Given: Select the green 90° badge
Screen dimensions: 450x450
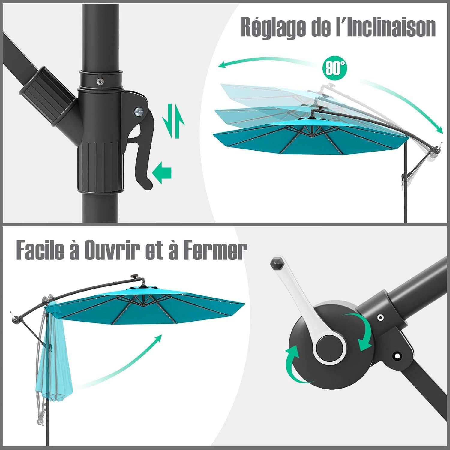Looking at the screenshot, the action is [334, 68].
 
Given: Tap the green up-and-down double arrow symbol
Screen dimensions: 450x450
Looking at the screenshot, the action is [173, 121].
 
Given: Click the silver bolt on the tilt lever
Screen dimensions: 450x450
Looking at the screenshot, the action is [139, 112].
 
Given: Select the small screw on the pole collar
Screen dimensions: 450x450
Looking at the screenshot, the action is [99, 81].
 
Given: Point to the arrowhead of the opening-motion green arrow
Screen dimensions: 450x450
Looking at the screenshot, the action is [158, 339].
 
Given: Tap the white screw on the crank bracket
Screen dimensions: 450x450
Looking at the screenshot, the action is [381, 317].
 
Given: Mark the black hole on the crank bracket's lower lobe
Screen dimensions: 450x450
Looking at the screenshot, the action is [397, 356].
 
